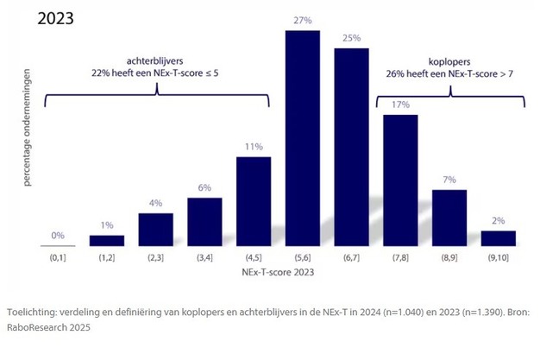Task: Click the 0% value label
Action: click(58, 235)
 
